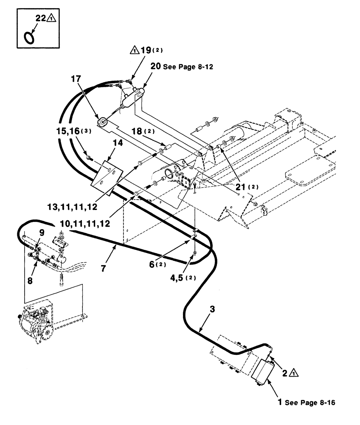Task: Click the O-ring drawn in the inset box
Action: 30,38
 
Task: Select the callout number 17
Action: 76,79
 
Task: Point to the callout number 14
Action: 118,144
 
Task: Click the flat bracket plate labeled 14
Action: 107,178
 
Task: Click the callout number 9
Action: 41,232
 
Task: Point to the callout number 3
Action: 212,309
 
